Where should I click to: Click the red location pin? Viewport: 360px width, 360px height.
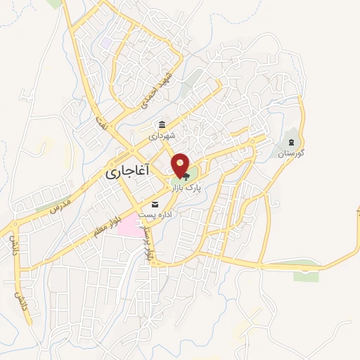click(x=181, y=165)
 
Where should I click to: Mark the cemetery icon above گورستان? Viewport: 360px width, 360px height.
click(x=292, y=141)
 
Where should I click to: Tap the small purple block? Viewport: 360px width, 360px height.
click(x=106, y=42)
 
